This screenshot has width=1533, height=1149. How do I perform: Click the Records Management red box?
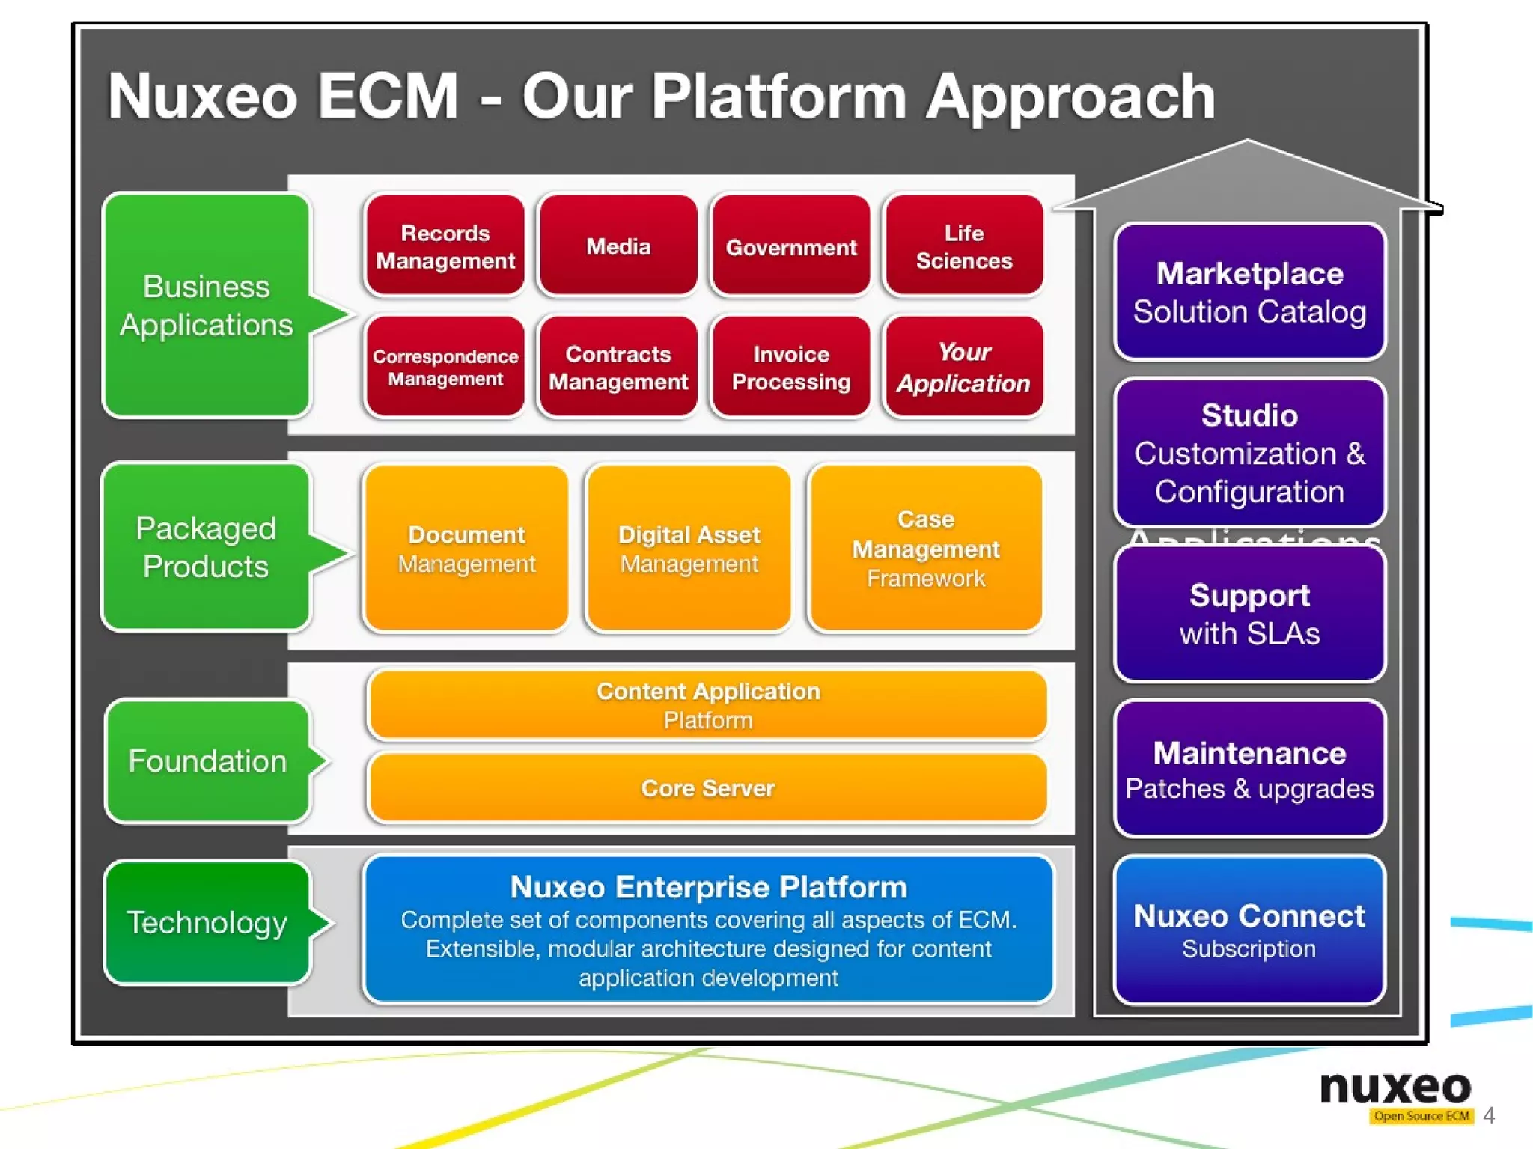point(445,246)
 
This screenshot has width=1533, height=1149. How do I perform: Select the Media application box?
point(618,246)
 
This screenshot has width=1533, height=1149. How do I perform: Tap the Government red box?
point(790,246)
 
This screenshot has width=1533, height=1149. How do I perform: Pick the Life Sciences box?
point(963,246)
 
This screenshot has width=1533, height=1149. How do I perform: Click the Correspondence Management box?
point(445,367)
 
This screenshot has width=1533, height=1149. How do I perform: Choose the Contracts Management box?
point(618,367)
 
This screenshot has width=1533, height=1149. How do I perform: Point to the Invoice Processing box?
point(790,367)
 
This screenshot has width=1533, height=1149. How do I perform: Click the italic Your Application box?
point(963,367)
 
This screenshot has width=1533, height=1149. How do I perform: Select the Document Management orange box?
point(466,549)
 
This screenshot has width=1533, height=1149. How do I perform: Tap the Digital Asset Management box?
point(689,549)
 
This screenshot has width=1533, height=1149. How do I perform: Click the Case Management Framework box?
point(925,549)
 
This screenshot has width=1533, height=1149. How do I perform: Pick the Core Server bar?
point(707,788)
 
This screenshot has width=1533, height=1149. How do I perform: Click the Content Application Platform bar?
point(707,704)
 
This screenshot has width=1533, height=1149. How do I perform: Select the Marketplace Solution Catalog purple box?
point(1249,292)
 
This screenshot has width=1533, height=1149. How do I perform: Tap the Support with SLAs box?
point(1249,614)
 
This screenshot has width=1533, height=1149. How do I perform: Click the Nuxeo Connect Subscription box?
point(1249,930)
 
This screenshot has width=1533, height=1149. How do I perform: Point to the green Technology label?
point(207,922)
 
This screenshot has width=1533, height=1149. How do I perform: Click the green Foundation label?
point(207,761)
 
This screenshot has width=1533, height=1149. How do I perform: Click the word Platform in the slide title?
point(778,97)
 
